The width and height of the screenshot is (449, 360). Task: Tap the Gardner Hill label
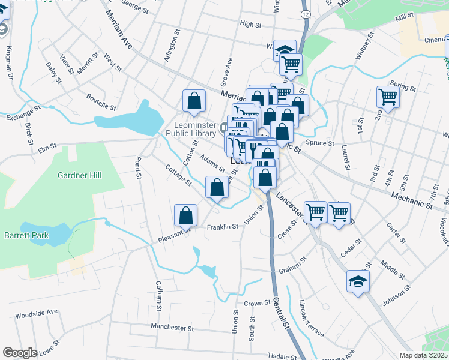80,175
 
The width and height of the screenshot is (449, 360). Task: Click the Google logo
20,353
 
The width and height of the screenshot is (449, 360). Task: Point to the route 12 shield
306,13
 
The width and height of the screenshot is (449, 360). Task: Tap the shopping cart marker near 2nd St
388,96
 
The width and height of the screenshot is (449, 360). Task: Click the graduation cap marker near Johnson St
358,281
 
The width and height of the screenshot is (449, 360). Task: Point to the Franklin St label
223,227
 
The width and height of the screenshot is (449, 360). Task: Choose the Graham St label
293,266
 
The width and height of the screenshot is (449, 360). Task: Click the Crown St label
257,304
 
